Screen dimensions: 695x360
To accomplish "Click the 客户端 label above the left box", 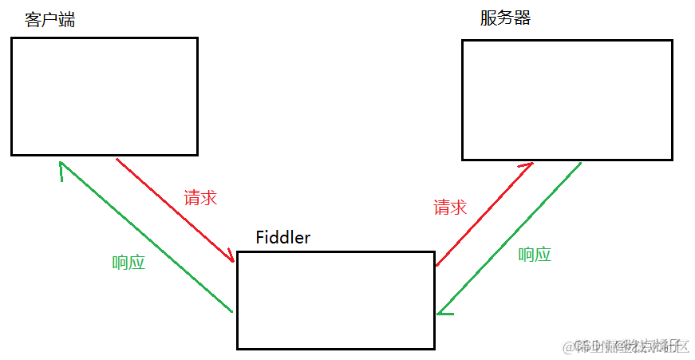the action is [x=49, y=21].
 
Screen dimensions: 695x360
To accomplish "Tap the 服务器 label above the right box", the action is [x=505, y=18].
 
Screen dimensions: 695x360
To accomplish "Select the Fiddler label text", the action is [x=282, y=237].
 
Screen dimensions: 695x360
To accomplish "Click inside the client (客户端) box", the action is [x=104, y=96].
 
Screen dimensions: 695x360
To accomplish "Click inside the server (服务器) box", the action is [x=567, y=100].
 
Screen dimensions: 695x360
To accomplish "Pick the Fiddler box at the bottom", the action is [x=335, y=300].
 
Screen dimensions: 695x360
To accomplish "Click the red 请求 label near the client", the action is [x=200, y=198].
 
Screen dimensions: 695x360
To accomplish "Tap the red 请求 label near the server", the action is [x=450, y=208].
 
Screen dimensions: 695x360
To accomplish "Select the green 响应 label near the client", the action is [x=128, y=263].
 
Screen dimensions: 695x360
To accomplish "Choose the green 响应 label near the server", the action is [x=535, y=255].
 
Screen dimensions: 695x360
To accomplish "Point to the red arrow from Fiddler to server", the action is [x=484, y=214].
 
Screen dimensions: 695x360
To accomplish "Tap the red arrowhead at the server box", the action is [x=526, y=166].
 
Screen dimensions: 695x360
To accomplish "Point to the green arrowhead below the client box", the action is [x=61, y=167].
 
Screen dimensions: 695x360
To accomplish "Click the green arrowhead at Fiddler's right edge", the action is [x=441, y=311].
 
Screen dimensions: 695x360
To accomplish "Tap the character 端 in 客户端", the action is [x=66, y=21].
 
